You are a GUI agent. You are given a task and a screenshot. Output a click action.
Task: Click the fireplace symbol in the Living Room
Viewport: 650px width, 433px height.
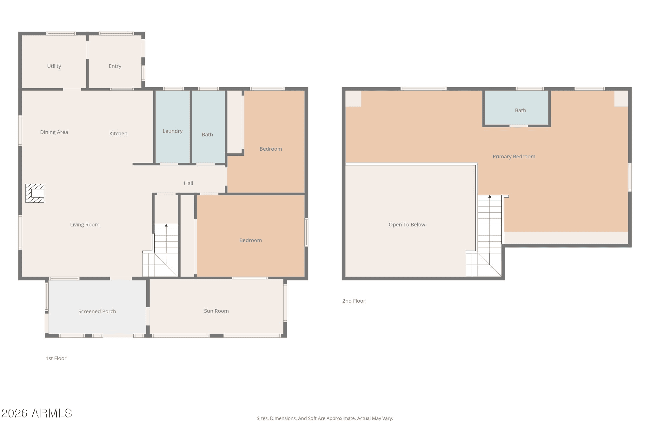point(35,193)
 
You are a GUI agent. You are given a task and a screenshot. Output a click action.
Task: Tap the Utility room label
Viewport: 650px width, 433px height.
point(54,66)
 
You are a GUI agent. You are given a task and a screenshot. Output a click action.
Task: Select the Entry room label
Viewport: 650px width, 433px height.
point(115,66)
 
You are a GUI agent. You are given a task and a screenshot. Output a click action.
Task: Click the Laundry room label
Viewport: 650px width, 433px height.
point(172,131)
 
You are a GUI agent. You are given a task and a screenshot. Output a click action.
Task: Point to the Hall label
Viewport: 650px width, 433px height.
point(189,183)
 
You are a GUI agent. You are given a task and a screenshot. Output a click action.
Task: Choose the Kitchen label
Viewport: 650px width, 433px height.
point(118,134)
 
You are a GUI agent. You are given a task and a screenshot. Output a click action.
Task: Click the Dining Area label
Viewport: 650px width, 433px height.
point(54,132)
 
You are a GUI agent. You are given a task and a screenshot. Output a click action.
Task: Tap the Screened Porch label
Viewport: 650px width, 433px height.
point(97,312)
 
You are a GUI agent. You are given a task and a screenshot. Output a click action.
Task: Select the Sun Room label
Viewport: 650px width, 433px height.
point(216,311)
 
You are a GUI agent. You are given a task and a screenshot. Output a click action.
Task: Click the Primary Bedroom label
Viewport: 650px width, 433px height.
point(514,156)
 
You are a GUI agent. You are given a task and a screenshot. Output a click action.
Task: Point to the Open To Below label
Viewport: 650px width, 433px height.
point(407,225)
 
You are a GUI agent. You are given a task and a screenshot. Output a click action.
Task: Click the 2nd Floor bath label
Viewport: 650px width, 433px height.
point(521,110)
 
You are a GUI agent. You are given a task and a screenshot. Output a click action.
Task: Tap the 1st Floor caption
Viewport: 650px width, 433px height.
point(56,358)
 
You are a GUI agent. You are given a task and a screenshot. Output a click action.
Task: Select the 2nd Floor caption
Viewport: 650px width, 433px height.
point(354,301)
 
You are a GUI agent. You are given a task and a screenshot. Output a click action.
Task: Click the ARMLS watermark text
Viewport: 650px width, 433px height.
point(37,413)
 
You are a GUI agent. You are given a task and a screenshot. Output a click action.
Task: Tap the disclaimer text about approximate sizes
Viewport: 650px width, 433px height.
point(325,418)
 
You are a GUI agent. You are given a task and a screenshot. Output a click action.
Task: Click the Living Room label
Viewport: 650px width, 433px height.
point(85,225)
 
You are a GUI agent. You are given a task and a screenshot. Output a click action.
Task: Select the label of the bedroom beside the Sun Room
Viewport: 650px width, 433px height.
point(250,240)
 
